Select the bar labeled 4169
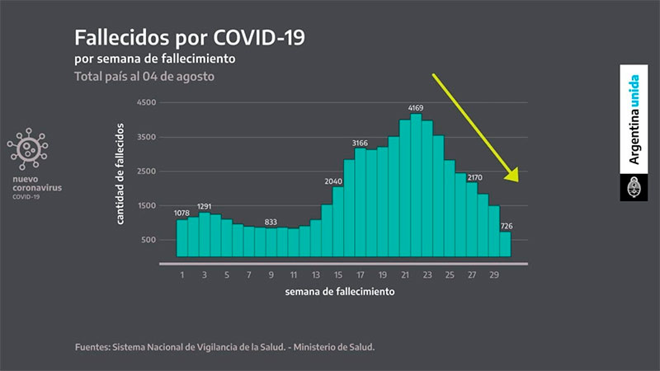[416, 185]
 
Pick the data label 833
[270, 221]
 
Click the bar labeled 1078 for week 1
[181, 237]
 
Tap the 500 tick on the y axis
[148, 240]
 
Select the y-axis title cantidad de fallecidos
[121, 173]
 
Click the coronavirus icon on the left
[27, 150]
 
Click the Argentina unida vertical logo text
[634, 120]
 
